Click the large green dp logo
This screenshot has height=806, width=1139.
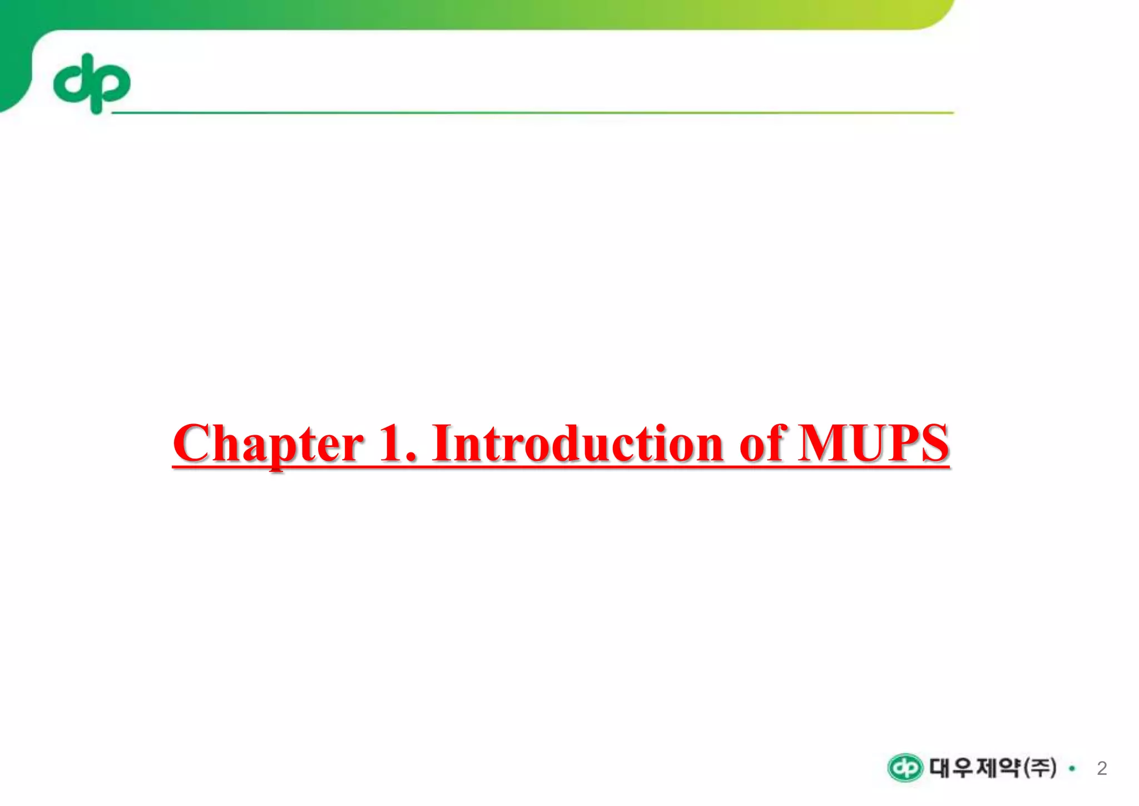92,83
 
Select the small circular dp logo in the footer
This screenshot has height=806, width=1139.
905,769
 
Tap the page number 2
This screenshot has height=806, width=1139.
1102,769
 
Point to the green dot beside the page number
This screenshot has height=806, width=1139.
1072,769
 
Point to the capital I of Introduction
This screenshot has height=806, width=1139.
443,444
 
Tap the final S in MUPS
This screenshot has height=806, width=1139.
934,444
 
